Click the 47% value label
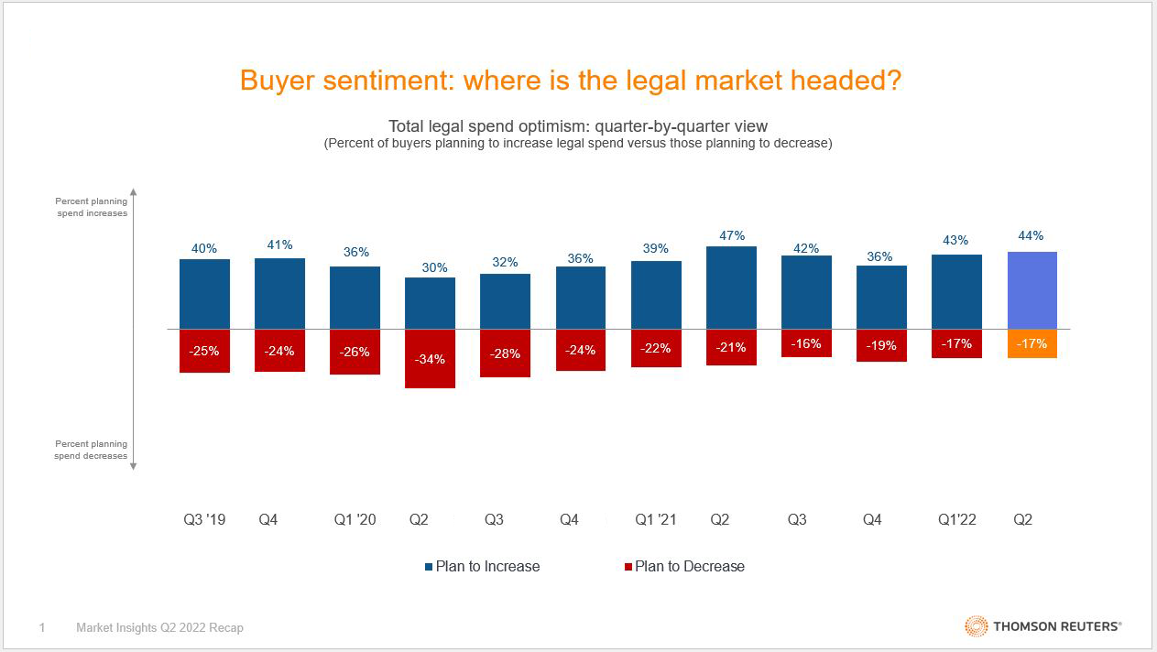click(x=731, y=235)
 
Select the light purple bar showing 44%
click(x=1031, y=289)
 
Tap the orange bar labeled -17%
click(x=1031, y=343)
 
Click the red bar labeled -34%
click(x=431, y=358)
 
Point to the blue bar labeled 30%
click(x=431, y=303)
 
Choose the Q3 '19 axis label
click(x=204, y=519)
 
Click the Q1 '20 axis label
click(x=355, y=519)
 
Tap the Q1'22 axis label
click(x=956, y=519)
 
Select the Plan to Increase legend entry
click(x=483, y=566)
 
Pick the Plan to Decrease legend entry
click(x=684, y=566)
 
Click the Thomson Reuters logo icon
click(x=975, y=626)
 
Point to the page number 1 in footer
click(x=42, y=627)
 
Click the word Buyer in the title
click(x=274, y=80)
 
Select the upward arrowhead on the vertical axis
click(x=133, y=192)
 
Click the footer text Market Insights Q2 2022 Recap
click(x=159, y=627)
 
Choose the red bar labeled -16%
click(x=806, y=342)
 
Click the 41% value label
click(x=279, y=244)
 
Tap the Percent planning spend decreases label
click(x=92, y=450)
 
